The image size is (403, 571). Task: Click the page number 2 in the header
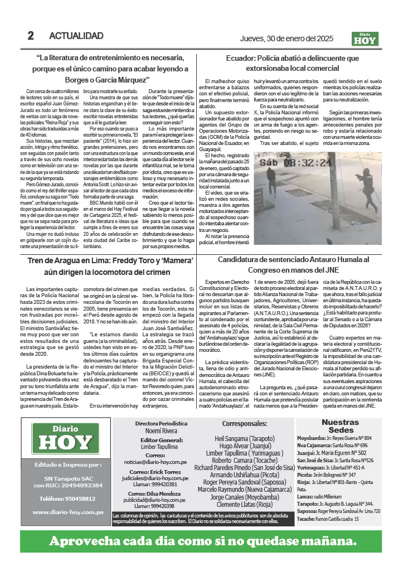pos(31,36)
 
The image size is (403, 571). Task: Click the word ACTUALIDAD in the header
pos(76,36)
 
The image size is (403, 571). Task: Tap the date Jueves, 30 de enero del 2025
pos(286,38)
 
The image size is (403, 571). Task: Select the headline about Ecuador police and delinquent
pos(292,62)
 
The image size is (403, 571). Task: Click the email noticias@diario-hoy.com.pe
pos(156,462)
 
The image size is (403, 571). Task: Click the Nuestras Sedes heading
pos(341,426)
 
